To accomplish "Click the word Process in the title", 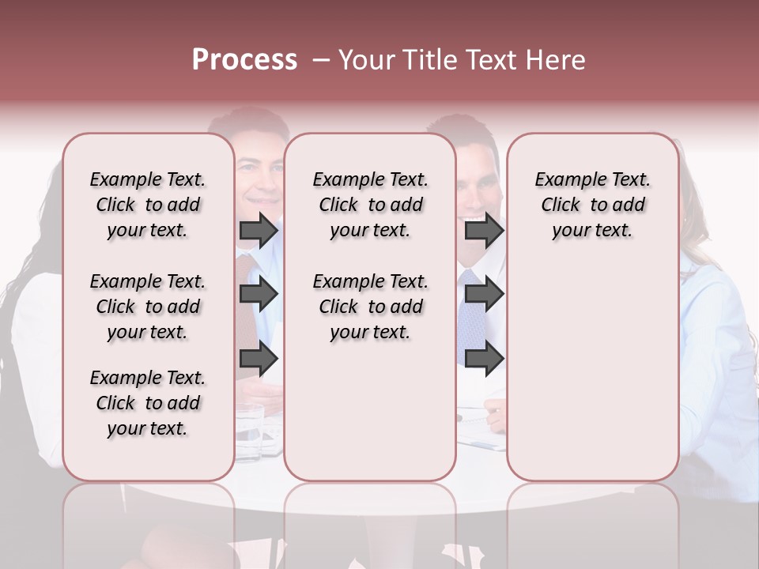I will click(244, 60).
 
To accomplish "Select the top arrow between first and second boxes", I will click(259, 231).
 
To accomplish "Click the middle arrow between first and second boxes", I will click(259, 294).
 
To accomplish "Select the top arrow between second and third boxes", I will click(484, 231).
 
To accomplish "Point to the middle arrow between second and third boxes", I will click(484, 294).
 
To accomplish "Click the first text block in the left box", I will click(147, 205).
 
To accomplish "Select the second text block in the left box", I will click(147, 307).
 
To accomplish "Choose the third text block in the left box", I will click(147, 403).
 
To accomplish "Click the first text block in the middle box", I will click(370, 205).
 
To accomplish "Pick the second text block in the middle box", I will click(370, 307).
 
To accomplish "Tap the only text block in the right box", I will click(592, 205).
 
